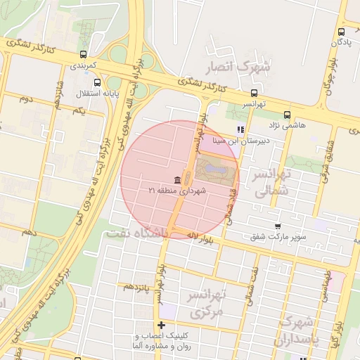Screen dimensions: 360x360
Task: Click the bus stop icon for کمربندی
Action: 84,54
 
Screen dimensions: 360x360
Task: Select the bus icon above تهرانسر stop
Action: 254,92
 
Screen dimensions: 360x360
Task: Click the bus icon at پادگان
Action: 341,31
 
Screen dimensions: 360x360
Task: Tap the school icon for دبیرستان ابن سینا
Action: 240,129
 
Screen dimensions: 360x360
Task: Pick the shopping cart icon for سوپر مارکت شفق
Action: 278,226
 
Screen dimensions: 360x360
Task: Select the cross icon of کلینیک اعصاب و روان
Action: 162,325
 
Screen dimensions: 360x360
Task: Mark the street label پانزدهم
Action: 136,286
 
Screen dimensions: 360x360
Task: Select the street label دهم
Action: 28,231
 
